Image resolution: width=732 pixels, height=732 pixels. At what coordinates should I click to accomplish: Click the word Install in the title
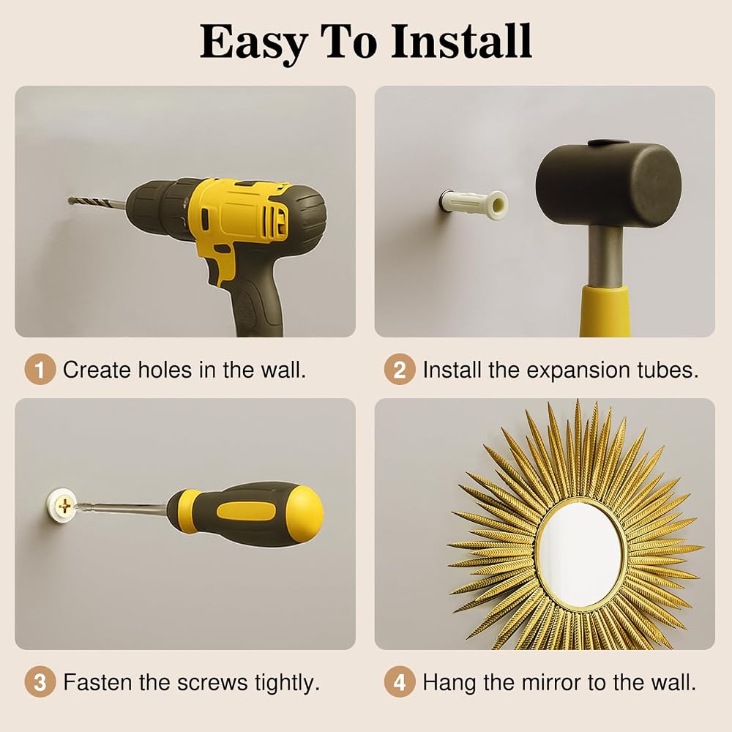coord(461,41)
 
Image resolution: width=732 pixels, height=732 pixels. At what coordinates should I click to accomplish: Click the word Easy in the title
coord(254,44)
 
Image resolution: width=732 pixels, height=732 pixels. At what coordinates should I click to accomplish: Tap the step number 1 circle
coord(40,370)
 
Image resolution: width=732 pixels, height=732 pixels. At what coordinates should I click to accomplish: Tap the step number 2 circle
coord(400,370)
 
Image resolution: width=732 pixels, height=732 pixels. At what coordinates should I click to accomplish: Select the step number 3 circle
coord(40,682)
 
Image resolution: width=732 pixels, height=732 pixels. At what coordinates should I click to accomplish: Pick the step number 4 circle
coord(400,682)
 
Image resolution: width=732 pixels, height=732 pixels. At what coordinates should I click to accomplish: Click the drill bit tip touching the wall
coord(70,201)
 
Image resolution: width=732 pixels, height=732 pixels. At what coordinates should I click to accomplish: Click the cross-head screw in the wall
coord(65,506)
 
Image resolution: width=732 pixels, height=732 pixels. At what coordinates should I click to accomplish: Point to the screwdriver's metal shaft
coord(121,507)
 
